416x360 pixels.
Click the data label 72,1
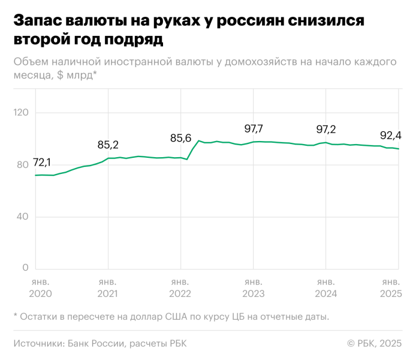click(41, 163)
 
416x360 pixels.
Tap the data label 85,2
click(108, 145)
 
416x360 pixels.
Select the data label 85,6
click(180, 138)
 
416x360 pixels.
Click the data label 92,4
click(390, 135)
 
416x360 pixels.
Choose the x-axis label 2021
click(108, 294)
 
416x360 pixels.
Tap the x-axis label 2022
click(180, 294)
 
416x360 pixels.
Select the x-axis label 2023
click(253, 294)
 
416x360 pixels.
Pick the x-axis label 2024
click(325, 294)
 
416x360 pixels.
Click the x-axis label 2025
click(390, 294)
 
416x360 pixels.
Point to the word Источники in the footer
click(38, 343)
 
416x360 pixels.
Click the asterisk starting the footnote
click(15, 316)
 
